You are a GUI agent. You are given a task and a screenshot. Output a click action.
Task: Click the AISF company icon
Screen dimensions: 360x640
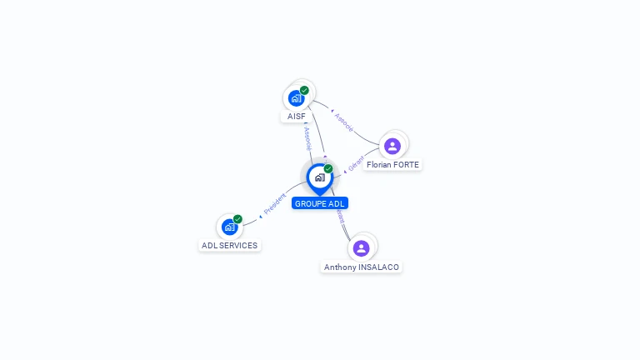(296, 98)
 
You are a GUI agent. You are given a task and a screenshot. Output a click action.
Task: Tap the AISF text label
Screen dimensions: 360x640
(297, 117)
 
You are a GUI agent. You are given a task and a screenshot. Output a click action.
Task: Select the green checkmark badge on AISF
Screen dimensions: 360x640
(304, 90)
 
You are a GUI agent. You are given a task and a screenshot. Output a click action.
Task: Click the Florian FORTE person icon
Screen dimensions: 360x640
(392, 146)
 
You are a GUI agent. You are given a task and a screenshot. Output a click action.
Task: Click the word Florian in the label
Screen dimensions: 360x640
(379, 165)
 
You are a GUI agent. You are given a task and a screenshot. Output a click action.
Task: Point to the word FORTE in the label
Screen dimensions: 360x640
(406, 165)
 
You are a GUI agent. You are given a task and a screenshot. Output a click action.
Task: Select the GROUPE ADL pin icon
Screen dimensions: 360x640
(319, 177)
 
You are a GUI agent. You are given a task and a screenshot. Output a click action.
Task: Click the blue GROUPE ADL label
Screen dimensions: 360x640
(319, 203)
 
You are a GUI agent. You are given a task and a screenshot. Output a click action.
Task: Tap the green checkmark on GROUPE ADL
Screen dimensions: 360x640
(328, 169)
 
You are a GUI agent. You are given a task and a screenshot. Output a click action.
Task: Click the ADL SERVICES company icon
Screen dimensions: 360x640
(230, 227)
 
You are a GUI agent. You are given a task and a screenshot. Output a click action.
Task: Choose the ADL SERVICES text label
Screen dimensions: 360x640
(230, 246)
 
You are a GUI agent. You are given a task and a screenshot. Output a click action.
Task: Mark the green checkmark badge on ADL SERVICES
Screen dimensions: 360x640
(237, 219)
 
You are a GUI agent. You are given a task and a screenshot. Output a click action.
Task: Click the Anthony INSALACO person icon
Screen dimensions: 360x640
(361, 247)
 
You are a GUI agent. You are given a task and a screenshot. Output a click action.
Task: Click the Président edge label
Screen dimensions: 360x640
(275, 203)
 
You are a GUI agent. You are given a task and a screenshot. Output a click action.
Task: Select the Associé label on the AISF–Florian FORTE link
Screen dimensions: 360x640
(343, 122)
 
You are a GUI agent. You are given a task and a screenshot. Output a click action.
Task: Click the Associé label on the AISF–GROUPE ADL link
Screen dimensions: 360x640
(307, 138)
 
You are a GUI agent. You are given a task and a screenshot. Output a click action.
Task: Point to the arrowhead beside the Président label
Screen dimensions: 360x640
(261, 216)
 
